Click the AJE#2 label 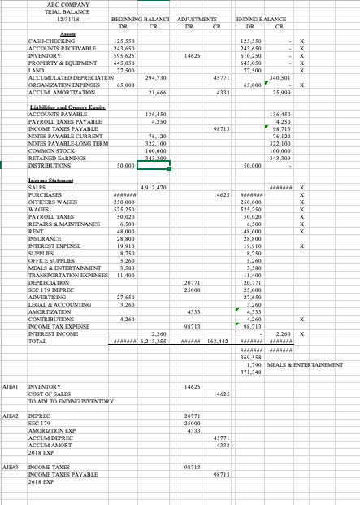click(11, 416)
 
